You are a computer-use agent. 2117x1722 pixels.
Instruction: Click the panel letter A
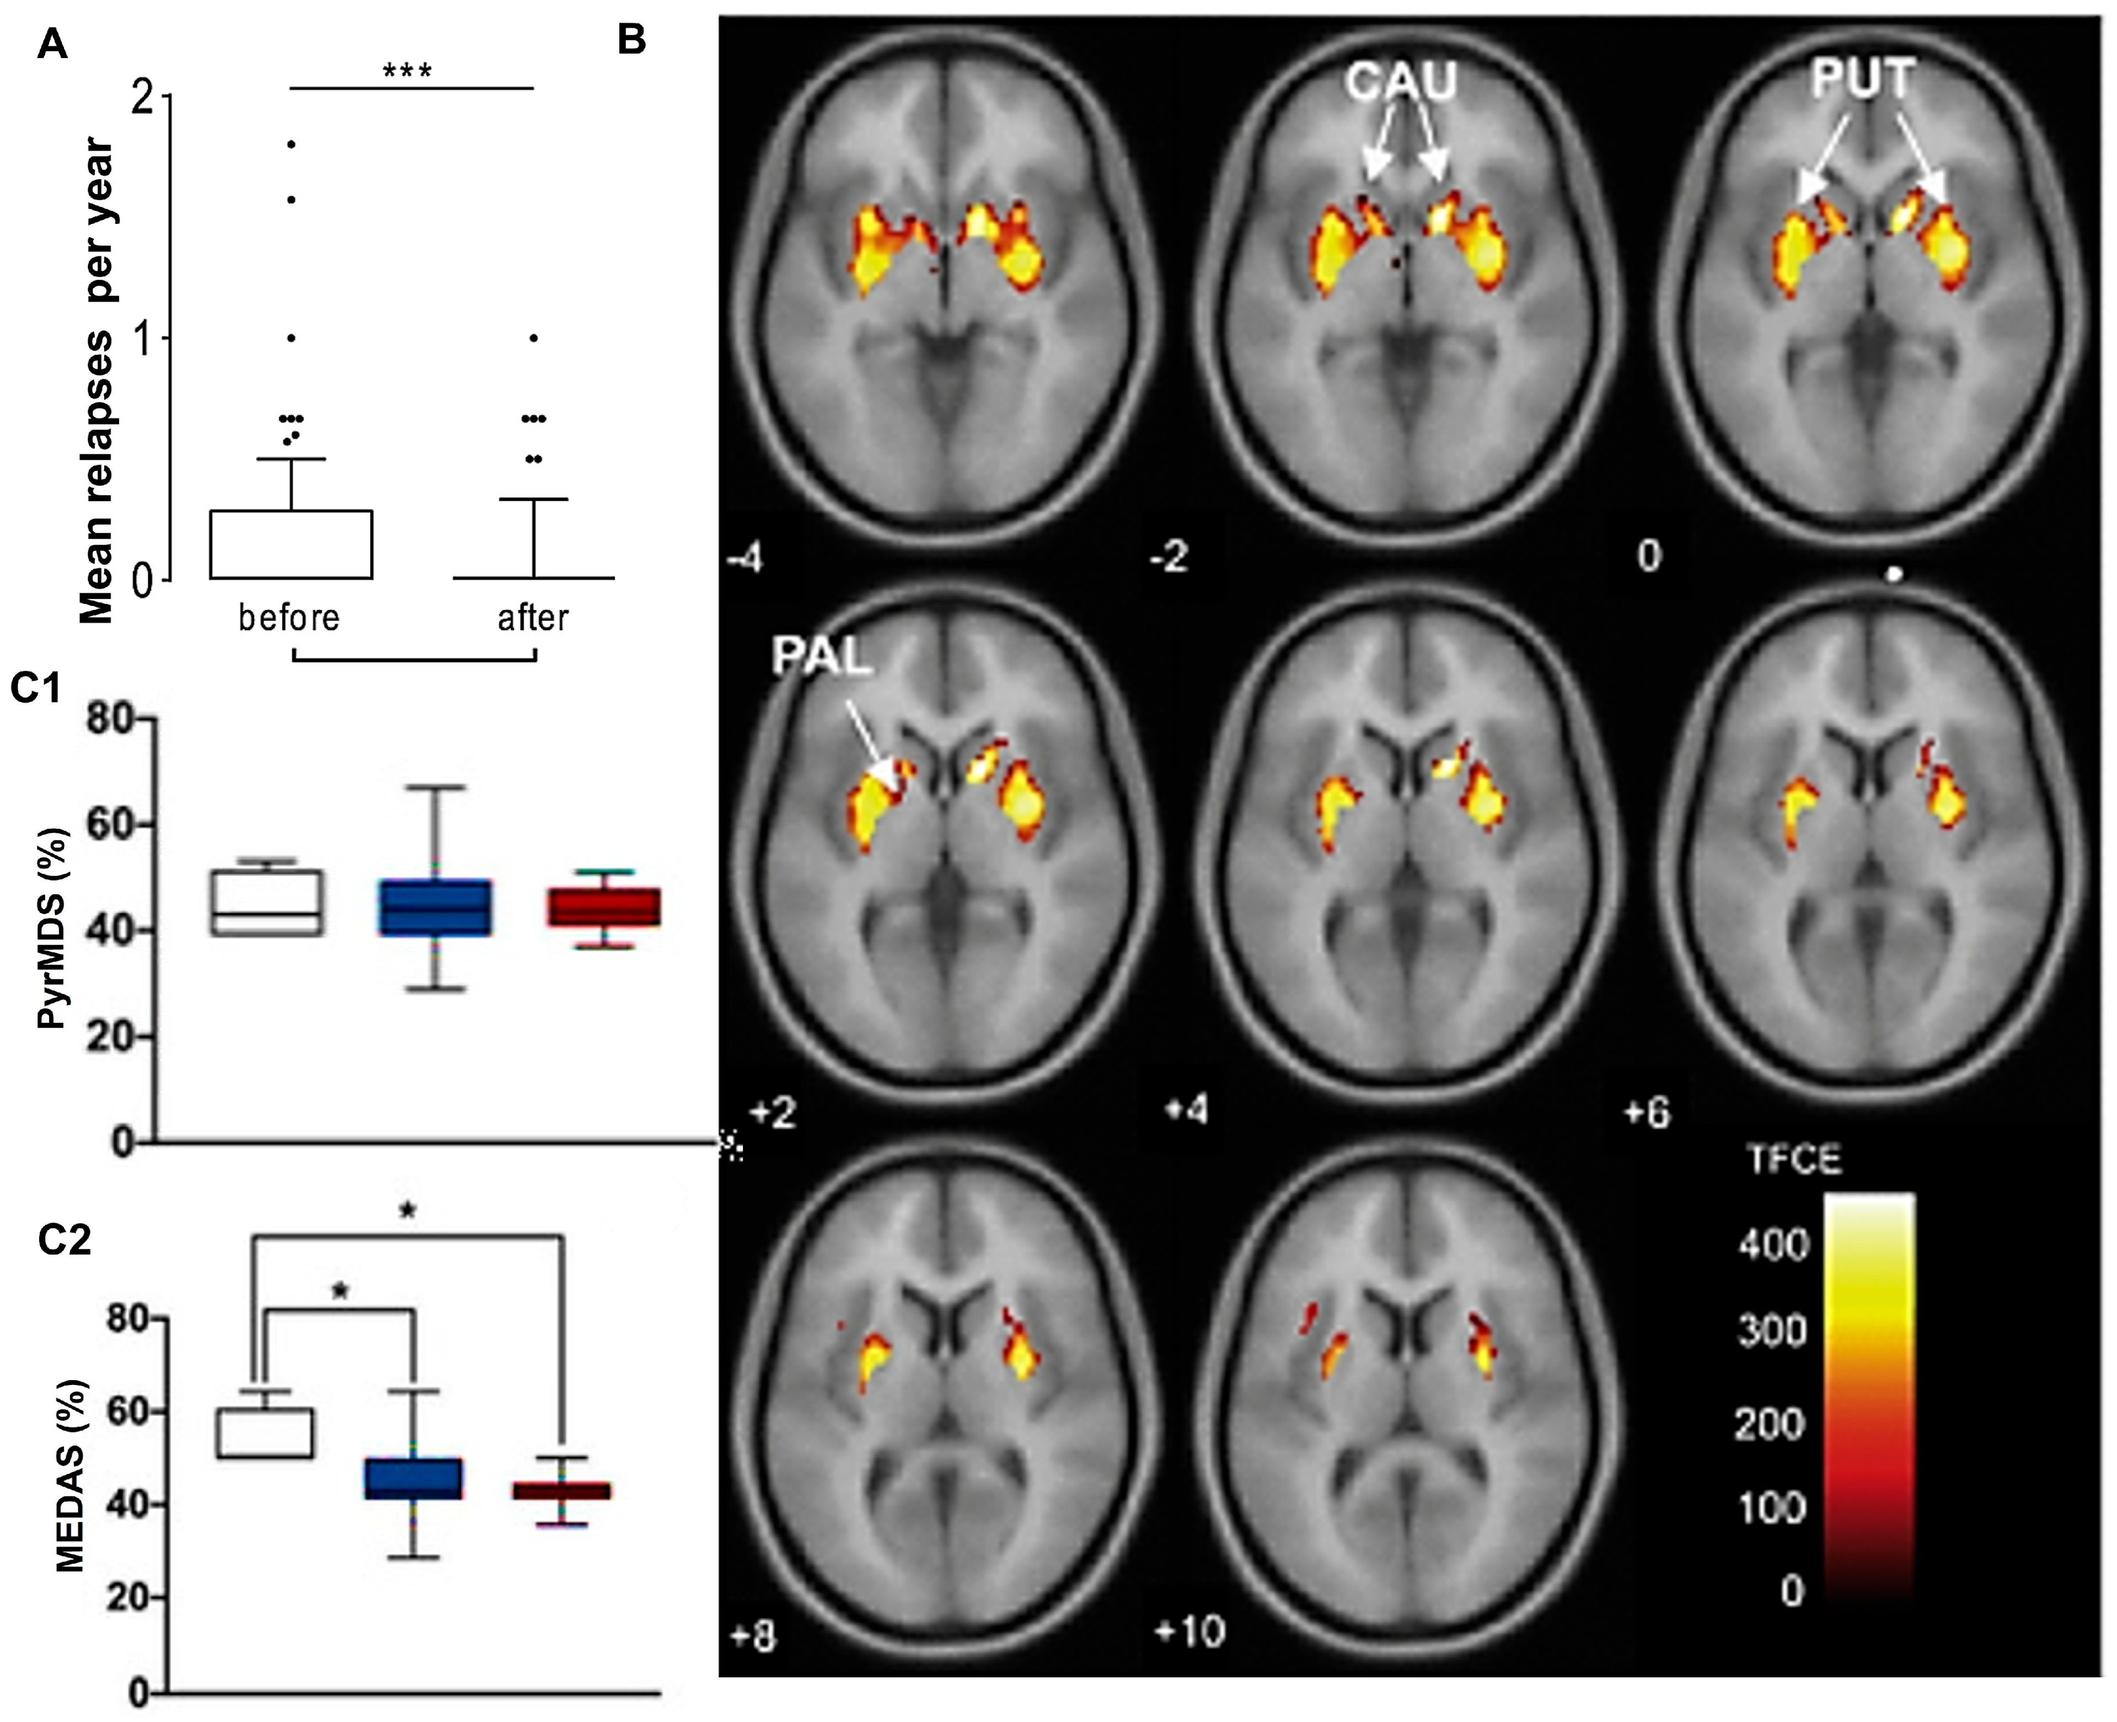pos(52,45)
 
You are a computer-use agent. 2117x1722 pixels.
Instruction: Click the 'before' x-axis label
pos(289,618)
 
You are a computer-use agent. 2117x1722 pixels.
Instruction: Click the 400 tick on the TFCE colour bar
pos(1774,1243)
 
